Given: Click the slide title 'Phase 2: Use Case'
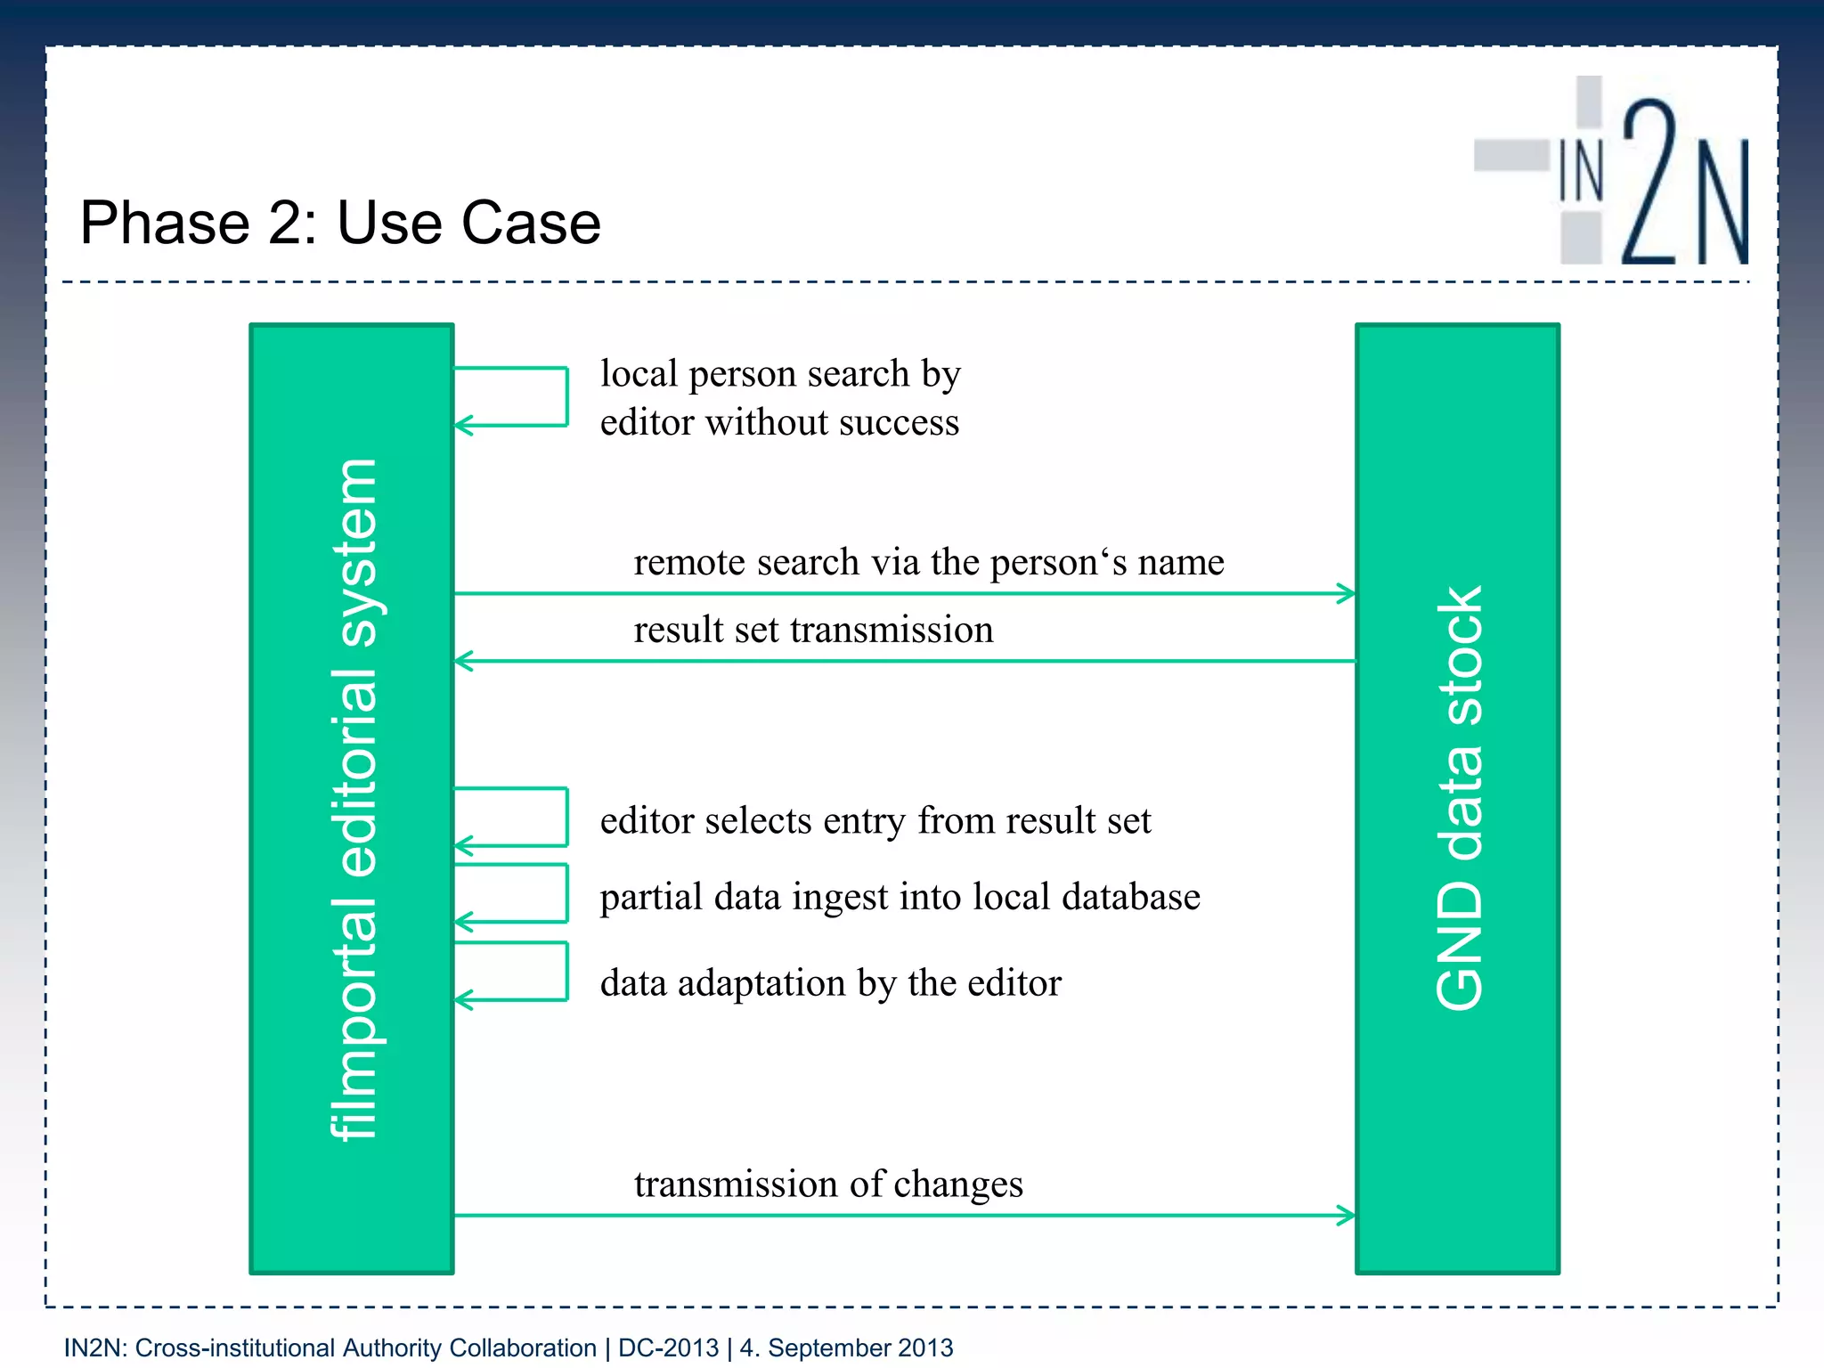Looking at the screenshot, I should click(x=340, y=223).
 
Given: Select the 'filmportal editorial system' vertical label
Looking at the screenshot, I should click(x=354, y=799).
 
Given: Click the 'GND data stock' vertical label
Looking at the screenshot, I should click(x=1459, y=799).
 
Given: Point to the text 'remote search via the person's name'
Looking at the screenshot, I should click(x=929, y=562).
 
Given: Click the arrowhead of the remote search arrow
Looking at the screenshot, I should click(x=1347, y=593).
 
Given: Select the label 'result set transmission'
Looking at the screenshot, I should click(x=813, y=630).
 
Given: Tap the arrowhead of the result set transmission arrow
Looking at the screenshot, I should click(x=464, y=661).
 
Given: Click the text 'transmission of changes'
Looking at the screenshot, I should click(x=828, y=1184).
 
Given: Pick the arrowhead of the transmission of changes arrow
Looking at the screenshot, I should click(x=1347, y=1215).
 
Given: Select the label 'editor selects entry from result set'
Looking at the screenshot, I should click(x=875, y=820).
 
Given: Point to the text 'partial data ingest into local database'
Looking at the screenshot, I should click(x=900, y=897).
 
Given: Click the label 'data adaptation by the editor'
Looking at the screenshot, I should click(x=830, y=983).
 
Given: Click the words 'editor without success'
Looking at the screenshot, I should click(x=779, y=422).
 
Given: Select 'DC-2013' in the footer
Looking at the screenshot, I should click(x=668, y=1348).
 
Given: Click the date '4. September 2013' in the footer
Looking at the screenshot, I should click(x=846, y=1348).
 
